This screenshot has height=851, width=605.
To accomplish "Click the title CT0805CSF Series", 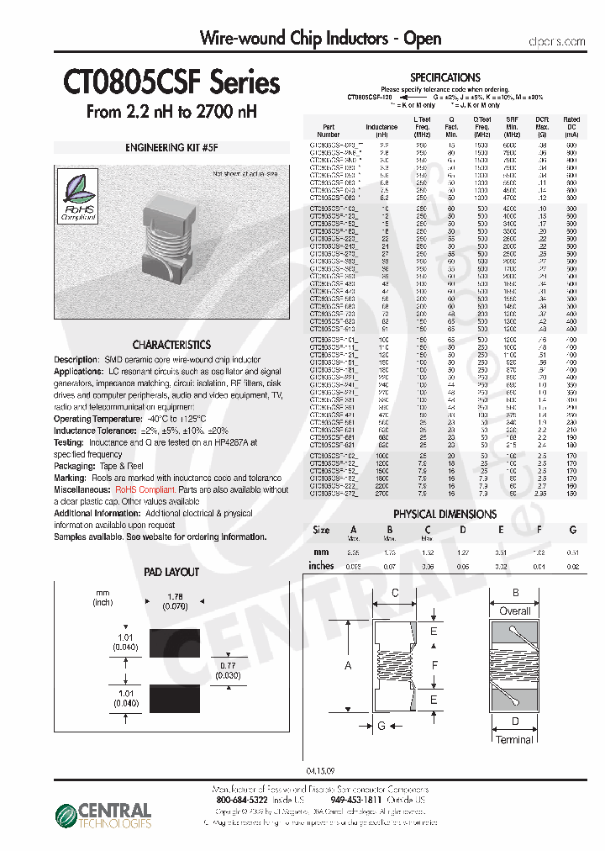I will coord(171,83).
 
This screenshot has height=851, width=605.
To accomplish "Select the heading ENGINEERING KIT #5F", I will coord(171,147).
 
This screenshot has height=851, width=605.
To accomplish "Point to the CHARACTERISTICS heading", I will coord(171,345).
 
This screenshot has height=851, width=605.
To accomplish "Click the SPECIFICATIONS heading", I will coord(445,77).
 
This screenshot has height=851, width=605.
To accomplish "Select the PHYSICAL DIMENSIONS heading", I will coord(445,514).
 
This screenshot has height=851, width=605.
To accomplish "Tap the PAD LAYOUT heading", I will coord(171,572).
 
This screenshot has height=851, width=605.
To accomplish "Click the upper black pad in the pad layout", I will coord(175,643).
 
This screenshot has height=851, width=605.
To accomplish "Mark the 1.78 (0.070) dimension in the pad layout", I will coord(175,602).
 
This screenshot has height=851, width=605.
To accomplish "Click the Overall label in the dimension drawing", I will coord(514,611).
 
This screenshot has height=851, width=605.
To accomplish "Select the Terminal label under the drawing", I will coord(513,740).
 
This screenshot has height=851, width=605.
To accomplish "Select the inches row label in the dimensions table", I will coord(321,566).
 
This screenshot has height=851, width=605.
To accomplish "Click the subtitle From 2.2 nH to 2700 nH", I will coord(171,112).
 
